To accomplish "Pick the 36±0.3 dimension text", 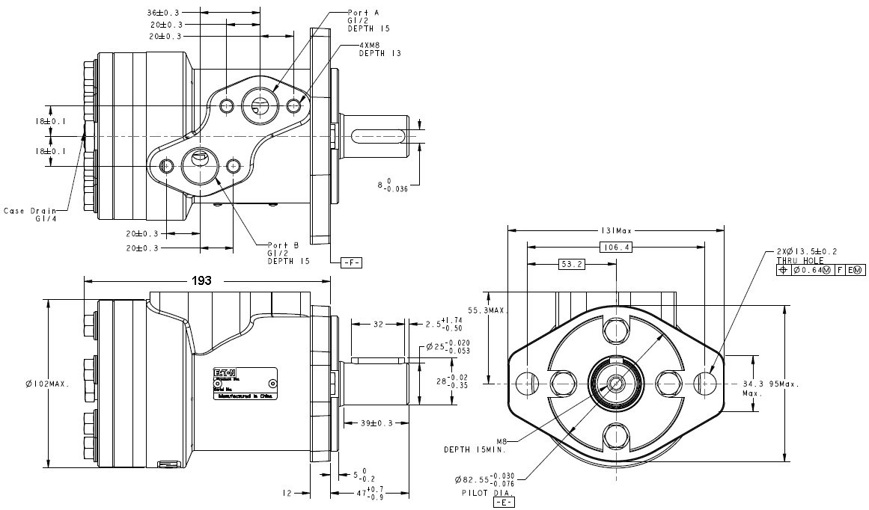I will (x=162, y=13).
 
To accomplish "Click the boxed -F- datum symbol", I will (x=351, y=262).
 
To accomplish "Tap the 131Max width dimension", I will (x=616, y=231).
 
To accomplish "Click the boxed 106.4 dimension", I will (x=616, y=248).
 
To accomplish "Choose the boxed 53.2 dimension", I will (x=572, y=264).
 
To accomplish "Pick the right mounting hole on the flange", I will (x=707, y=383).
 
